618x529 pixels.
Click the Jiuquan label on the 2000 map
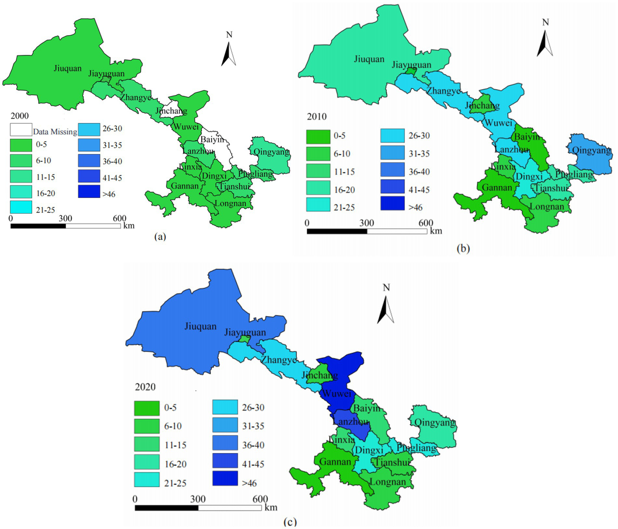68,68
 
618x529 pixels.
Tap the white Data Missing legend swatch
21,129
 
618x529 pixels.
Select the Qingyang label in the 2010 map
591,150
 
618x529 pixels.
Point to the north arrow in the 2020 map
386,309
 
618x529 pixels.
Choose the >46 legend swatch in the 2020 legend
225,478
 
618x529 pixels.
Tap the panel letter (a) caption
160,237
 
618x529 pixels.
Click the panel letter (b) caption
463,248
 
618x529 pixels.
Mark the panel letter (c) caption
290,522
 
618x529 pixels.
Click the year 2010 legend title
317,117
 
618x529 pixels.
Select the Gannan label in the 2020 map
335,462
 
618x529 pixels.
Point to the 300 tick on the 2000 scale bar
65,218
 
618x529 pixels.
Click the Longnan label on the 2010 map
547,207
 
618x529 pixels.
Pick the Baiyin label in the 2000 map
212,140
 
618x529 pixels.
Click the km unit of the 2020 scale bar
271,507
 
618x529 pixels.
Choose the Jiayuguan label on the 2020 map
245,332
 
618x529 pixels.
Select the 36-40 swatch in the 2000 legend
89,161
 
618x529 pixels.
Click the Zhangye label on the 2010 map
443,91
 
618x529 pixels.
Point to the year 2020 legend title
145,387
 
